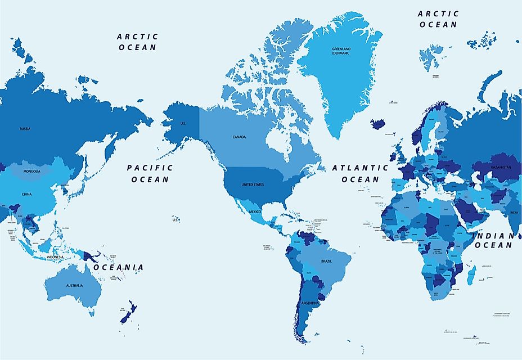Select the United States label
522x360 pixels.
(252, 184)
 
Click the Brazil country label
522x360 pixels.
(326, 262)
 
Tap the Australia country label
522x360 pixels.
(74, 285)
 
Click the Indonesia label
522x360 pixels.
(55, 256)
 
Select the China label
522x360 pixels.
(27, 194)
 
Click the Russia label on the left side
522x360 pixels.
(25, 128)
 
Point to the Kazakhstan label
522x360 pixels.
(500, 167)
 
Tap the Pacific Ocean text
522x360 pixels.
(150, 173)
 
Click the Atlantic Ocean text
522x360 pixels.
(360, 173)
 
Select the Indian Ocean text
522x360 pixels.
(495, 240)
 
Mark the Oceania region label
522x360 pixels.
(119, 267)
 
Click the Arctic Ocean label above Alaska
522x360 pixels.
(138, 42)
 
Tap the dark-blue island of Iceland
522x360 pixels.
(379, 123)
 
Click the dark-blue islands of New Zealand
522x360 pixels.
(129, 311)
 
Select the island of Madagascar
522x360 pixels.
(471, 274)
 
